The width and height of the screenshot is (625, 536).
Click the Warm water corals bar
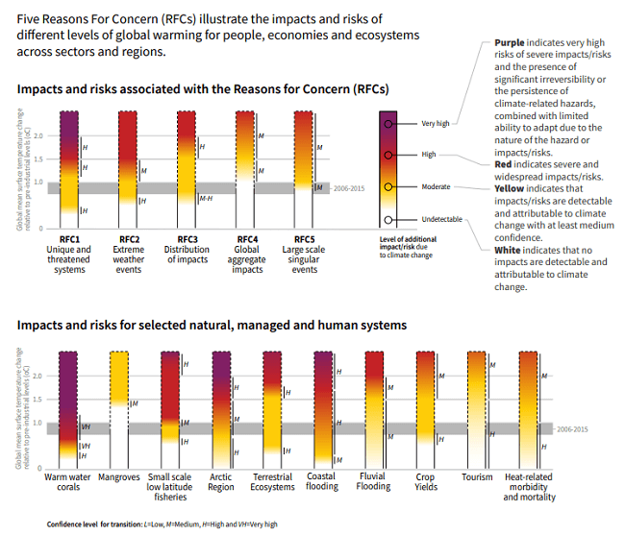click(x=68, y=408)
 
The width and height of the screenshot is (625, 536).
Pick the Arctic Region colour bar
click(x=220, y=408)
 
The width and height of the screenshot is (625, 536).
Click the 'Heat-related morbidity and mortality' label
click(x=527, y=487)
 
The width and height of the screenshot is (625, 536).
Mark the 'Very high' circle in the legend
click(x=388, y=123)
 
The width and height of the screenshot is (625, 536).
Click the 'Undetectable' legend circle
click(x=388, y=219)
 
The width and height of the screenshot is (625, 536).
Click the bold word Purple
click(x=511, y=44)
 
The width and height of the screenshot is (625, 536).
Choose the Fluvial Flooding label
click(x=374, y=481)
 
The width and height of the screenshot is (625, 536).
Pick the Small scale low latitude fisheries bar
click(x=170, y=408)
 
